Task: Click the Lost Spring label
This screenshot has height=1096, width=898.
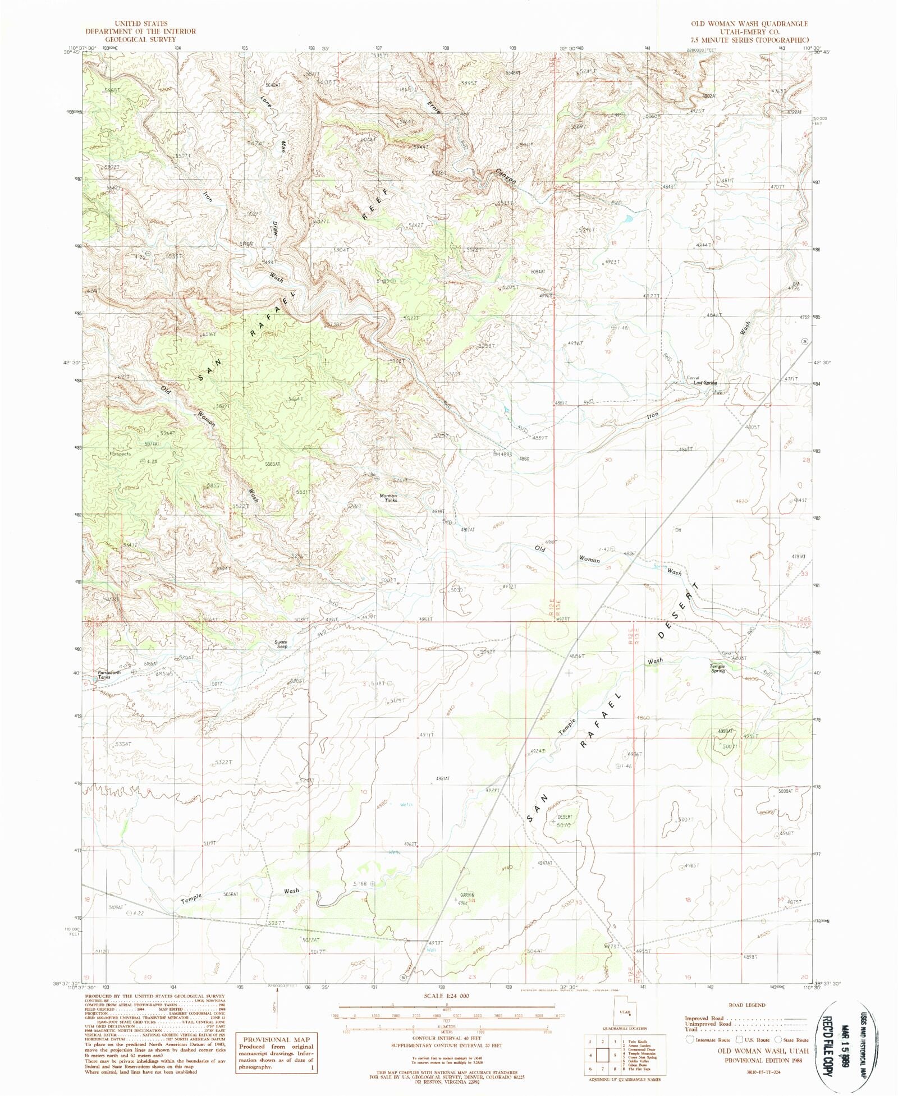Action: pos(705,383)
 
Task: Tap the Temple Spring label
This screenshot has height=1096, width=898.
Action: pos(718,668)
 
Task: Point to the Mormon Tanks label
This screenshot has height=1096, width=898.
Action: pos(388,498)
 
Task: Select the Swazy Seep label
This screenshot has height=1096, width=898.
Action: pos(281,644)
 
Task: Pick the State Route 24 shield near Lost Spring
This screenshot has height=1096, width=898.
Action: pos(804,341)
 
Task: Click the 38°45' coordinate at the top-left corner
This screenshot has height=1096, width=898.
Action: pos(74,53)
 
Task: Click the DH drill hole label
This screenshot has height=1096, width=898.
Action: pos(678,529)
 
